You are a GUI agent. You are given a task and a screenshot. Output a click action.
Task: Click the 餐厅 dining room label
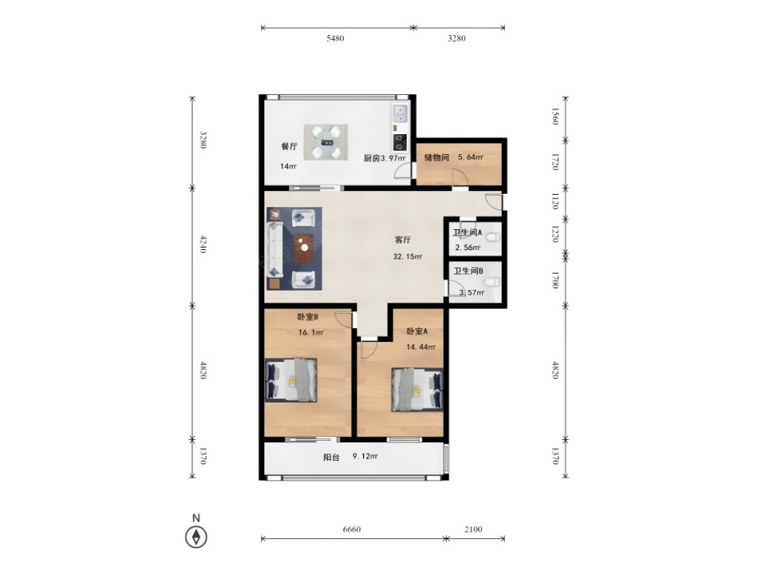click(x=289, y=146)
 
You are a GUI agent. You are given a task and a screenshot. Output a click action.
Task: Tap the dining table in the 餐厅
click(x=326, y=142)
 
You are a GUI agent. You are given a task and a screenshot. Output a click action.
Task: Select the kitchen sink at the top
click(x=400, y=113)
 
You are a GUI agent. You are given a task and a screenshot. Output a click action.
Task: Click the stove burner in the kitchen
click(x=400, y=142)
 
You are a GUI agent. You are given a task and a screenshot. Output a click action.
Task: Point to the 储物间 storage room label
click(x=436, y=157)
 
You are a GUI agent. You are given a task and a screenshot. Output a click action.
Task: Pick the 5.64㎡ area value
click(x=471, y=157)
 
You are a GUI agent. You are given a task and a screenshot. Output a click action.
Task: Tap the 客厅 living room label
click(x=403, y=240)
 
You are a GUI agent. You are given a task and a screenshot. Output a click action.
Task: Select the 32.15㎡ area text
click(x=408, y=256)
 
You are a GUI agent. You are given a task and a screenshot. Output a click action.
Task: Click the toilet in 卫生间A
click(x=492, y=238)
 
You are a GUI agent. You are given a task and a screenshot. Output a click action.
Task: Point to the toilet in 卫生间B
click(x=492, y=282)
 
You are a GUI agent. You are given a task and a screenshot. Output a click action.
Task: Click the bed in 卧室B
click(x=291, y=380)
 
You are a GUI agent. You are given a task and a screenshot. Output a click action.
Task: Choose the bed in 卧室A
click(x=417, y=390)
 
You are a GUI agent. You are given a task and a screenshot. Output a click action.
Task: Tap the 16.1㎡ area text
click(x=310, y=332)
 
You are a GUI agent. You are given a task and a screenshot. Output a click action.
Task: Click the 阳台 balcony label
click(x=331, y=457)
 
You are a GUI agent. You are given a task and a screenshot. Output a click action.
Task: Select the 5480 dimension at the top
click(x=335, y=38)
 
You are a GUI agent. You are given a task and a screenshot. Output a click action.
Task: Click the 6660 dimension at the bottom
click(x=352, y=529)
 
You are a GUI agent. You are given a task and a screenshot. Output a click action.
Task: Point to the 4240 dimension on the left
click(x=203, y=244)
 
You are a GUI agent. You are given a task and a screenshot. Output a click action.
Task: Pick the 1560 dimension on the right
click(x=555, y=117)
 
